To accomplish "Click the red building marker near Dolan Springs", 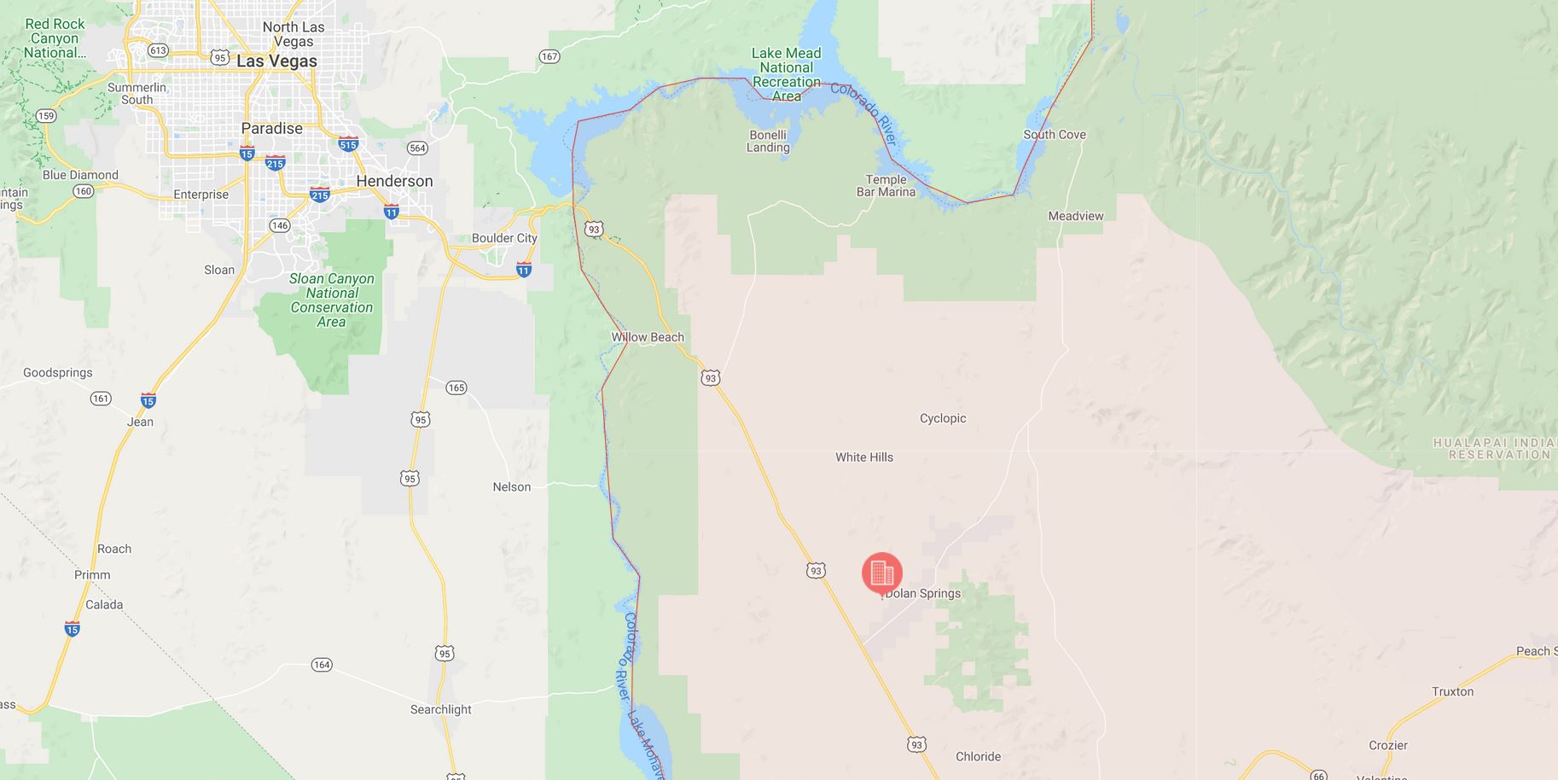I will [x=882, y=573].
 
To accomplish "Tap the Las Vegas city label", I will [x=276, y=61].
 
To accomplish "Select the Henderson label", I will [x=394, y=181].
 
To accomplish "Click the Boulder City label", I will [x=504, y=238].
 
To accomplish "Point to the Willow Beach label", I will [x=648, y=337].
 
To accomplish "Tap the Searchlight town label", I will [x=440, y=709].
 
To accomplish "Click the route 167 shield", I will [x=549, y=56].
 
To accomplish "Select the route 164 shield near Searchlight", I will [x=321, y=665].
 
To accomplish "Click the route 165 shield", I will [x=456, y=388].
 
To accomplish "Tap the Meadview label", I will [x=1075, y=216].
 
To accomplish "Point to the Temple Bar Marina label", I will [x=886, y=185].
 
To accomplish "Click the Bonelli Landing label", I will [x=768, y=141].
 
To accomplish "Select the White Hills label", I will [x=863, y=457].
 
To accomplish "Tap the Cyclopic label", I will [x=943, y=418].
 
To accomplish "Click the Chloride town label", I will [x=978, y=756].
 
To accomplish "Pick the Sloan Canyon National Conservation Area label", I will [x=331, y=300].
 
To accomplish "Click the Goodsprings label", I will [x=58, y=373].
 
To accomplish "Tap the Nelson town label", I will [x=511, y=487].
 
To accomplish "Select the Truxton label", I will [x=1452, y=691].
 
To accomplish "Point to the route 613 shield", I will [x=158, y=50].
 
